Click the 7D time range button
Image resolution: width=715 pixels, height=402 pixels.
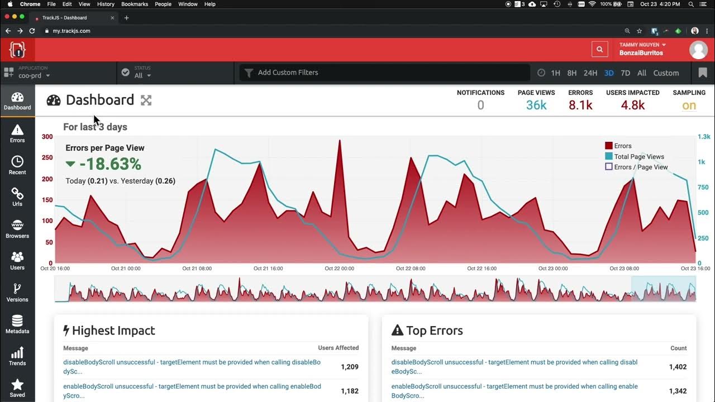tap(625, 73)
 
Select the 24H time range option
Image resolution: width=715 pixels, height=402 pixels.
tap(590, 73)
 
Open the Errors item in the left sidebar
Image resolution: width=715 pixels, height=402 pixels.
tap(17, 133)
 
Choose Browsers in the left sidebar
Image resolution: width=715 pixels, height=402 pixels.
tap(17, 229)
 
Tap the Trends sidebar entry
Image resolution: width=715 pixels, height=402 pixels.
tap(17, 356)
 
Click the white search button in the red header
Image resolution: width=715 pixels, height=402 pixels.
tap(599, 49)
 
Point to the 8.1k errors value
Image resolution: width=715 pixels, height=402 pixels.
tap(580, 105)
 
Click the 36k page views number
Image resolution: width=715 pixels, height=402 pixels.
tap(536, 105)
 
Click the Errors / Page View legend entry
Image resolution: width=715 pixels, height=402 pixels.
tap(640, 167)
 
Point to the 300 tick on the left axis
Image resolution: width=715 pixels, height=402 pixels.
tap(47, 137)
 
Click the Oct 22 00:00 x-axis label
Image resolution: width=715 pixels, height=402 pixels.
tap(339, 269)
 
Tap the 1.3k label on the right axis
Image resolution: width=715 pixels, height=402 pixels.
tap(703, 137)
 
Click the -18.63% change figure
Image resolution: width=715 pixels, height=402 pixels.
tap(110, 164)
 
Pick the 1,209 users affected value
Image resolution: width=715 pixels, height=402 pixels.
tap(349, 367)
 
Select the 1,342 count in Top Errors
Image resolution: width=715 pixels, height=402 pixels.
tap(678, 391)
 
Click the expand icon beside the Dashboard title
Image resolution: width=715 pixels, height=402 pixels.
tap(146, 100)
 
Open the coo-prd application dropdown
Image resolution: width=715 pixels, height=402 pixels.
tap(34, 75)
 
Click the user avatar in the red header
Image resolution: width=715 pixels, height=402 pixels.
tap(698, 49)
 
